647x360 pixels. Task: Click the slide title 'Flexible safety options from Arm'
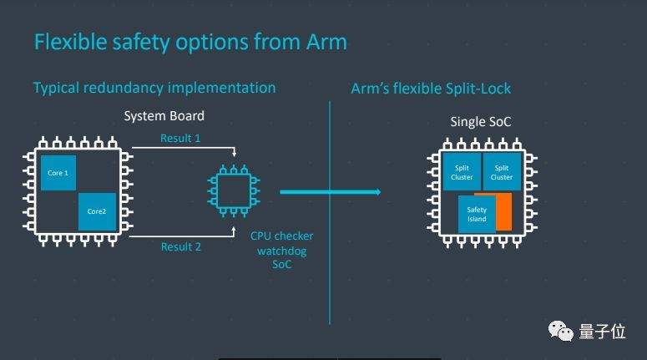pyautogui.click(x=190, y=42)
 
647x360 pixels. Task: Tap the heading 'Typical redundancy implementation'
pyautogui.click(x=154, y=88)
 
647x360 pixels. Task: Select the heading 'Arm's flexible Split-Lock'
pyautogui.click(x=431, y=89)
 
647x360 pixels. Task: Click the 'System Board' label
pyautogui.click(x=164, y=116)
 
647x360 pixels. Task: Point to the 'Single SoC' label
pyautogui.click(x=481, y=122)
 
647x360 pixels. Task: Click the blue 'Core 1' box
pyautogui.click(x=58, y=173)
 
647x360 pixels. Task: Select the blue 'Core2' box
pyautogui.click(x=97, y=211)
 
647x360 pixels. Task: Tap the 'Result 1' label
pyautogui.click(x=180, y=138)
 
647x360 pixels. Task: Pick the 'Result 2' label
pyautogui.click(x=180, y=247)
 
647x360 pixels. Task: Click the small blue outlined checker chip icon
pyautogui.click(x=234, y=190)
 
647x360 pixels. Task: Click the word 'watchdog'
pyautogui.click(x=282, y=251)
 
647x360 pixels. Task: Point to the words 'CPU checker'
pyautogui.click(x=282, y=236)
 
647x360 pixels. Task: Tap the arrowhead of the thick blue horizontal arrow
pyautogui.click(x=377, y=192)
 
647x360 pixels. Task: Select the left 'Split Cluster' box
pyautogui.click(x=462, y=172)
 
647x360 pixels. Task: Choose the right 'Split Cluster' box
pyautogui.click(x=502, y=172)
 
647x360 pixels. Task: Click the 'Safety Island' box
pyautogui.click(x=477, y=215)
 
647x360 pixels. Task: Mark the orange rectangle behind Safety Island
pyautogui.click(x=504, y=212)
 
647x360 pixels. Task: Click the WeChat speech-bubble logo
pyautogui.click(x=560, y=331)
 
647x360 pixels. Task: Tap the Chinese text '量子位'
pyautogui.click(x=602, y=332)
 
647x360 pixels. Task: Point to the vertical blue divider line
pyautogui.click(x=330, y=213)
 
